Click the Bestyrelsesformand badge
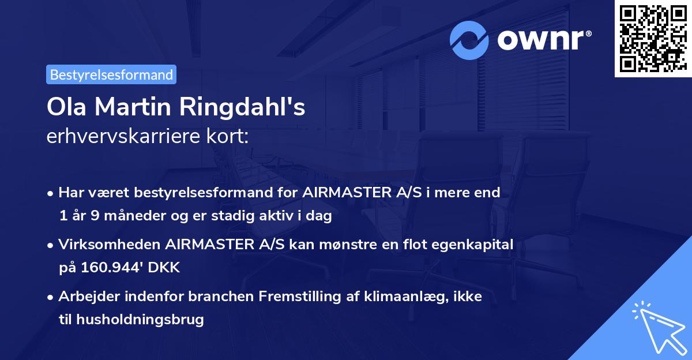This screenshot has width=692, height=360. (x=111, y=74)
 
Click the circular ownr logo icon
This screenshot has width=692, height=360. (x=469, y=40)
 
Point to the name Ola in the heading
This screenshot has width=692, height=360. (x=67, y=107)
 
